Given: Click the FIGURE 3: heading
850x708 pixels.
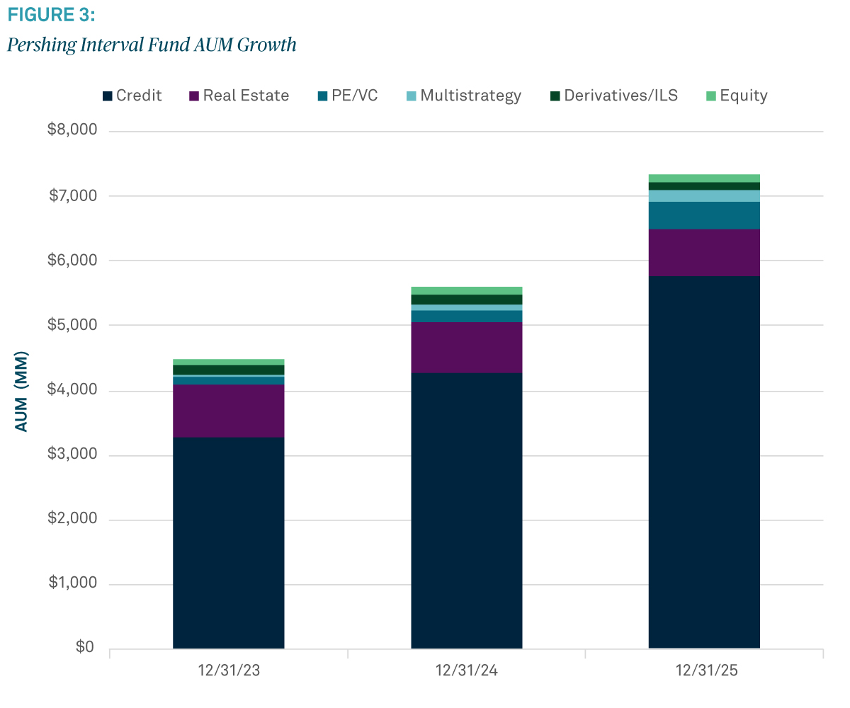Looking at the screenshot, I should click(50, 14).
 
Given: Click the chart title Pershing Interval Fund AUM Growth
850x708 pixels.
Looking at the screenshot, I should click(152, 45).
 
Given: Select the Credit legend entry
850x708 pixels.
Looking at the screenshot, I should click(132, 96).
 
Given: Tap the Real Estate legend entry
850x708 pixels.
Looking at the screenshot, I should click(239, 96).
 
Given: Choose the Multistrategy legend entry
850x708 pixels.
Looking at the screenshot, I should click(463, 96).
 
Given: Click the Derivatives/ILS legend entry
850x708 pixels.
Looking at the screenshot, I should click(614, 96).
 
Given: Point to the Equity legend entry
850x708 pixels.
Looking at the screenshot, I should click(737, 96).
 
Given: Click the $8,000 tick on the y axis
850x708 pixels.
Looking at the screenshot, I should click(72, 131).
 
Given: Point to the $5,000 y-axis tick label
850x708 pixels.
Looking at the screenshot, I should click(72, 326).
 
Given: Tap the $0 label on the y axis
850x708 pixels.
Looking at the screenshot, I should click(84, 649).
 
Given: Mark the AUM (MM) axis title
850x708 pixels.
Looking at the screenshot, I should click(22, 391).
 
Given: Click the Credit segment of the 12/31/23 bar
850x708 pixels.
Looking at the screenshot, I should click(229, 542).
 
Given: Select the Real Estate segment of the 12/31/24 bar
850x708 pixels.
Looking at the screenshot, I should click(467, 348).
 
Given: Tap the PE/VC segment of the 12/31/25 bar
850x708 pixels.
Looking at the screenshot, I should click(705, 215).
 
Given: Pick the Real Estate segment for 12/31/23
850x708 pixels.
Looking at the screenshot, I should click(229, 411).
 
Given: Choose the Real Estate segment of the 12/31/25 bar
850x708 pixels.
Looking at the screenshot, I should click(705, 252).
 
